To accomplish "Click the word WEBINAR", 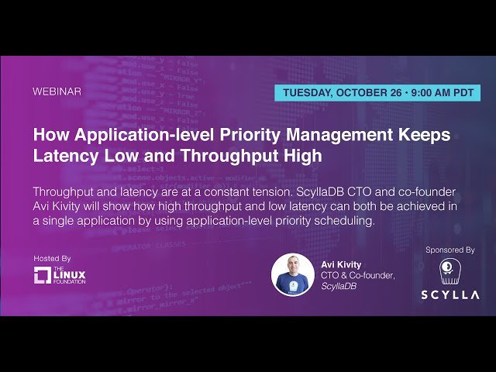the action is point(57,91).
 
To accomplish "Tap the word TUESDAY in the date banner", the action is point(308,93).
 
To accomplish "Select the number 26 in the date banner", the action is point(396,93).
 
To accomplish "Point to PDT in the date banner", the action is point(463,93).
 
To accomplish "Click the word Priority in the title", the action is point(250,135).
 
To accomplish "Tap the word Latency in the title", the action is point(66,156).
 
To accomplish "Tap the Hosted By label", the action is point(52,259).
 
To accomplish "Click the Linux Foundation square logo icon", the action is point(43,275).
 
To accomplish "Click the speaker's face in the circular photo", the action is point(293,265).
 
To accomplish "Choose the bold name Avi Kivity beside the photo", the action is point(341,265).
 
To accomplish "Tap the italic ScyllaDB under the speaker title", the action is point(339,286).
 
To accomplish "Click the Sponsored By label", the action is point(450,250).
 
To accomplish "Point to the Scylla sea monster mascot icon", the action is point(450,272).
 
